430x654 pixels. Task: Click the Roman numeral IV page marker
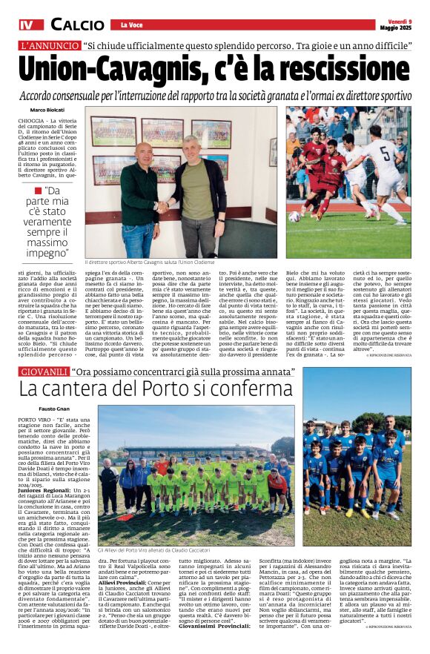[x=27, y=24]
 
